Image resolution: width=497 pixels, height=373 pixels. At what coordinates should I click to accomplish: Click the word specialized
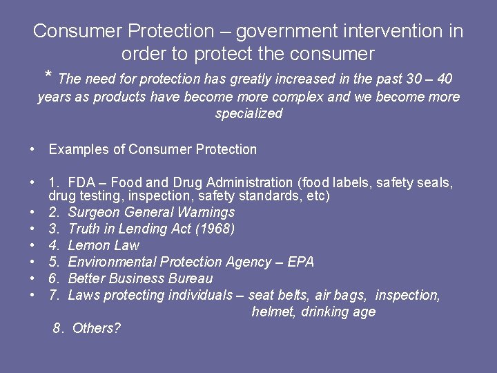(x=248, y=114)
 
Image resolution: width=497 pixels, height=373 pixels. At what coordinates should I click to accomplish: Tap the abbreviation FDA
(x=82, y=183)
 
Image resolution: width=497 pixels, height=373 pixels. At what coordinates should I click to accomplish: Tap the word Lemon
(x=88, y=246)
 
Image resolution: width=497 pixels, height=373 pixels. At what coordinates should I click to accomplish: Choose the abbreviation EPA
(x=301, y=262)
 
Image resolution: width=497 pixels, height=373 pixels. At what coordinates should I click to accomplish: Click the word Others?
(x=96, y=329)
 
